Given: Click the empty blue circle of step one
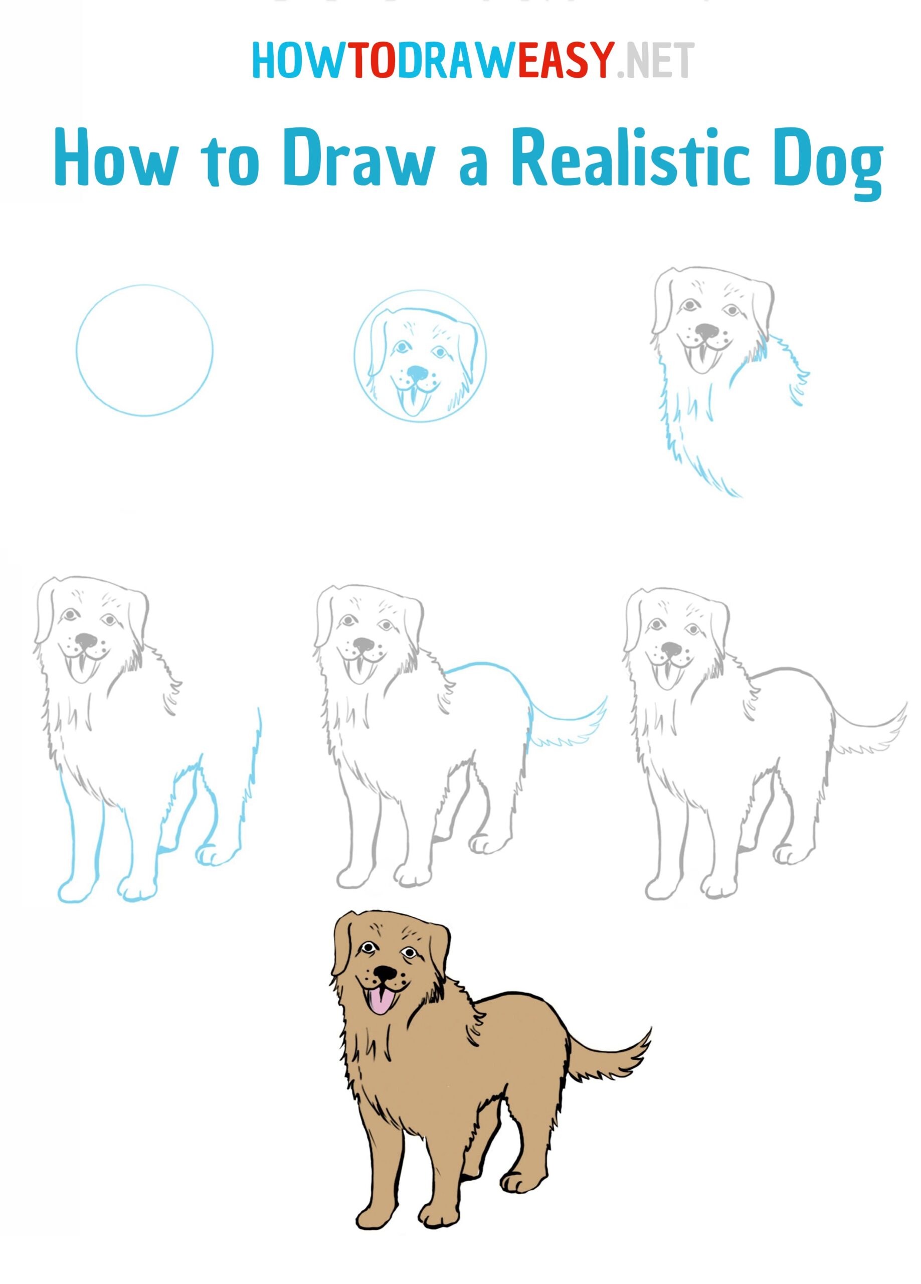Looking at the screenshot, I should tap(144, 351).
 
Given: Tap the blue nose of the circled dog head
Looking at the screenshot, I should tap(418, 373).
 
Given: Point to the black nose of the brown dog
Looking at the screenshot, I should tap(387, 972).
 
